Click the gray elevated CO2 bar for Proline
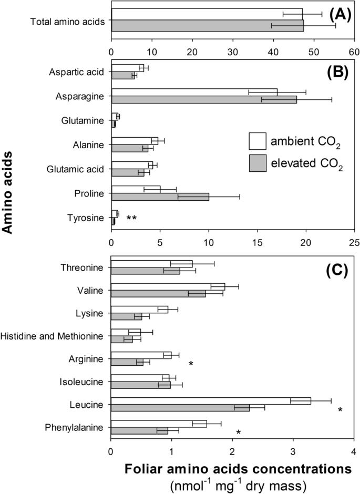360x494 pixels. [x=160, y=197]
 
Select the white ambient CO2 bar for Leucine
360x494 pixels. [x=210, y=401]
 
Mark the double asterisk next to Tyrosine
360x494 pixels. [x=131, y=218]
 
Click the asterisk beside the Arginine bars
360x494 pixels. [x=191, y=364]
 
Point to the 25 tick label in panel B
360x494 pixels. [x=354, y=243]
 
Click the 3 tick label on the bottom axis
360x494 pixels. [x=293, y=451]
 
